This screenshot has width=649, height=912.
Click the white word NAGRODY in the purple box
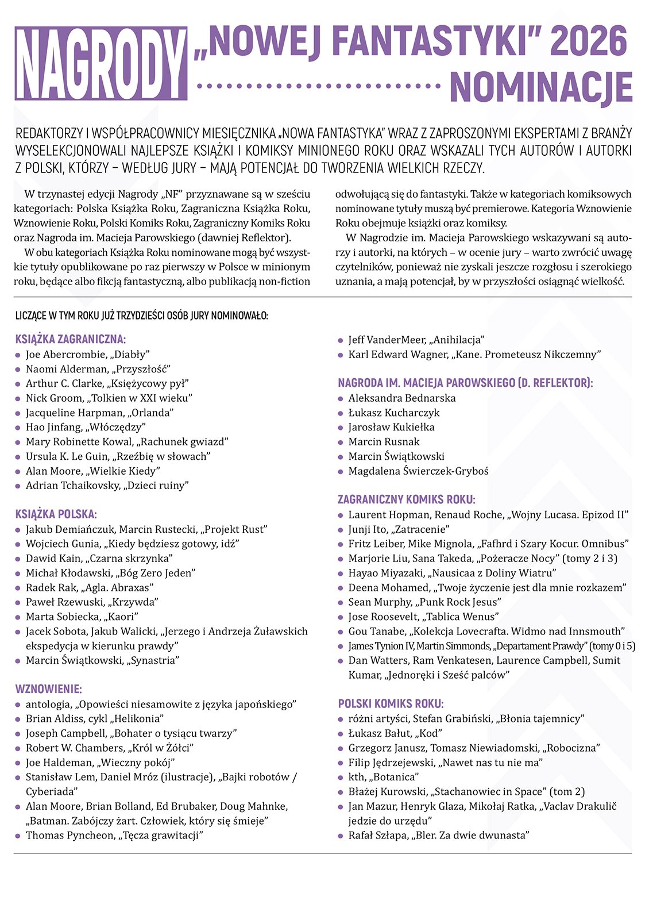point(101,64)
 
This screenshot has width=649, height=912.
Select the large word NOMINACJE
point(541,87)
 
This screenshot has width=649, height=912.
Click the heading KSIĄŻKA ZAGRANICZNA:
point(71,340)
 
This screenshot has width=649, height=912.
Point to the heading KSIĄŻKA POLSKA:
point(56,514)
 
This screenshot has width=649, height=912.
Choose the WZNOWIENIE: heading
point(49,689)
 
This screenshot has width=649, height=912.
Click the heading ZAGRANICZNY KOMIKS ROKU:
point(407,499)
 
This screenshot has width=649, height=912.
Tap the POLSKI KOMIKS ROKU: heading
point(391,704)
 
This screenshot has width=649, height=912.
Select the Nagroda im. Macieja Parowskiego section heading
point(465,383)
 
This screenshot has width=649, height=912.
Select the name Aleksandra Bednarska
point(402,398)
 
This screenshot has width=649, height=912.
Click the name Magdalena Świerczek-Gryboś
point(418,471)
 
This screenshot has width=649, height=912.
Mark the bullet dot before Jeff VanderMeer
point(341,340)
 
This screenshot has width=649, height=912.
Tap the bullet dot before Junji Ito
point(341,530)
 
